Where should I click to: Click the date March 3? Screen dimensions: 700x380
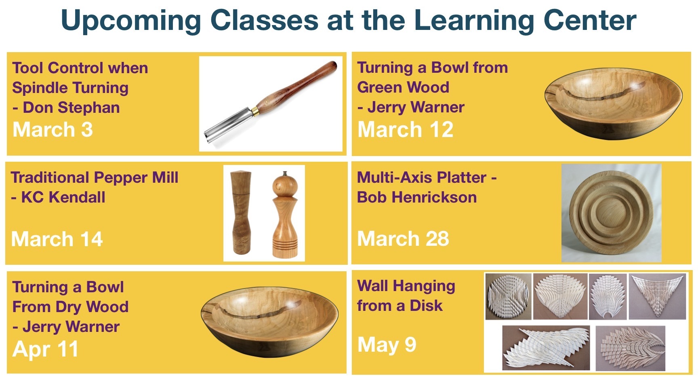[x=53, y=130]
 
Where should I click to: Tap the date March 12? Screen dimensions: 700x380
[x=406, y=130]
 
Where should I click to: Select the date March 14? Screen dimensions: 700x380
[x=57, y=239]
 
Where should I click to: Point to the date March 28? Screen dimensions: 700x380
[x=403, y=239]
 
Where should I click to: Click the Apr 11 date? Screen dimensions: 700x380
[x=45, y=349]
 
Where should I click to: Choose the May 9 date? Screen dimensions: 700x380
[x=387, y=345]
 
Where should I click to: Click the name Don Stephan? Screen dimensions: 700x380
[x=71, y=108]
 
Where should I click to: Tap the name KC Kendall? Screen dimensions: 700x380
[x=63, y=197]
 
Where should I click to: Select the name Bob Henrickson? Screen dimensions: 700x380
[x=417, y=197]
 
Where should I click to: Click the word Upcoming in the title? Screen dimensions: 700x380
[x=131, y=21]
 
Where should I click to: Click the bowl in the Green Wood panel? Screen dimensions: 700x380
[x=613, y=104]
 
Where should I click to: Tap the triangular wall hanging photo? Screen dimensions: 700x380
[x=658, y=296]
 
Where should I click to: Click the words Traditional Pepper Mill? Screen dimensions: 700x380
[x=95, y=178]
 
